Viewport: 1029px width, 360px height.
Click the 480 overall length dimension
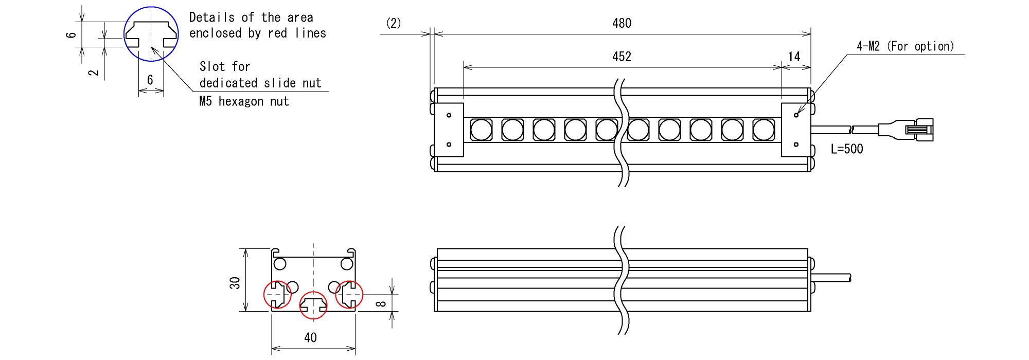tap(622, 23)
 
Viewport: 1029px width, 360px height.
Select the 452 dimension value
tap(622, 57)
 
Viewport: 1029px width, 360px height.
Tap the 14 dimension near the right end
tap(794, 57)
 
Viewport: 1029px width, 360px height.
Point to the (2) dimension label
tap(394, 23)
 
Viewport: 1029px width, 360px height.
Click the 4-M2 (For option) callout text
tap(905, 46)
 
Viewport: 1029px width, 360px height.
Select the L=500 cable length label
tap(847, 149)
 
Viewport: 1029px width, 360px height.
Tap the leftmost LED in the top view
tap(482, 130)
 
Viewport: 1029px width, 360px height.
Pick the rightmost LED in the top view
tap(764, 130)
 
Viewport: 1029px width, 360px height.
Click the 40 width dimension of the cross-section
tap(310, 337)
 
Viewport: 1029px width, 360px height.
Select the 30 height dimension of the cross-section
tap(235, 283)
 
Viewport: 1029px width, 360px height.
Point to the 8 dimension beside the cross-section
tap(381, 303)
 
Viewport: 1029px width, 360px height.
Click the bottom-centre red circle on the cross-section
tap(313, 305)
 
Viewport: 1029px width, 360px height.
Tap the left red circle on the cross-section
tap(277, 295)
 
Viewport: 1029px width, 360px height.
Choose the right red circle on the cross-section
tap(349, 295)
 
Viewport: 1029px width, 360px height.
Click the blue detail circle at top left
tap(151, 34)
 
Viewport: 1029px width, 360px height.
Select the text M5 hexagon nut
tap(244, 101)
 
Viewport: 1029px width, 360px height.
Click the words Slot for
tap(224, 66)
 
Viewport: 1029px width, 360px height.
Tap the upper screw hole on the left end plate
tap(449, 115)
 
